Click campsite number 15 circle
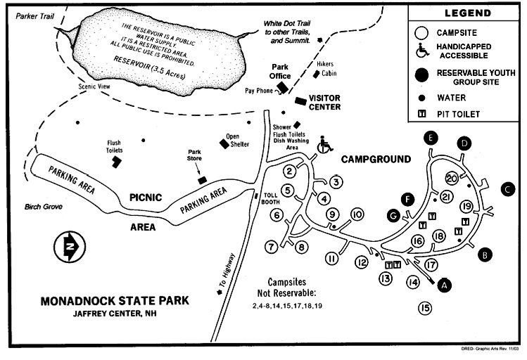point(424,307)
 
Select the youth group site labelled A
point(443,285)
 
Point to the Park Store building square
point(202,181)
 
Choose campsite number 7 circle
point(269,246)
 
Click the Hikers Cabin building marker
point(318,73)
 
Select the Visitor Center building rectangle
point(300,101)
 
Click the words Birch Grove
point(34,207)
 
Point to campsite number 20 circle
point(452,179)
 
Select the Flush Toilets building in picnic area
point(114,161)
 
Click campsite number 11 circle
point(332,258)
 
